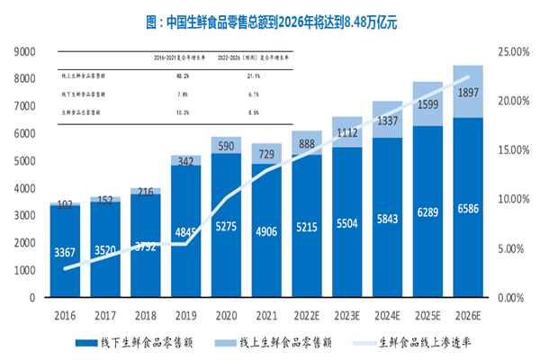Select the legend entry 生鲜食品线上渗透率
[x=422, y=342]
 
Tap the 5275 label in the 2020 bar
[x=226, y=227]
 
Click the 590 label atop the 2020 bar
[x=226, y=146]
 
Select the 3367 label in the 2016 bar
[x=64, y=252]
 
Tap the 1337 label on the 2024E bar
[x=386, y=121]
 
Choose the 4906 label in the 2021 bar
[x=266, y=231]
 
